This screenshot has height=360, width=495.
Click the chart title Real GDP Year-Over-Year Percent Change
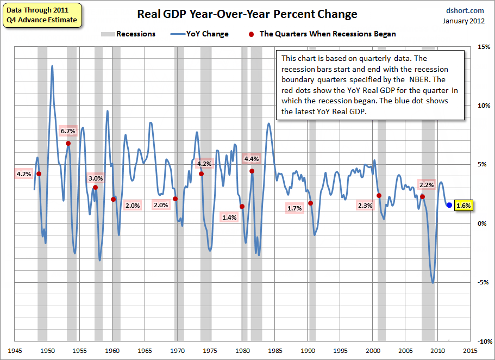click(247, 14)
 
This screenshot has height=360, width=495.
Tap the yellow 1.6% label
click(463, 206)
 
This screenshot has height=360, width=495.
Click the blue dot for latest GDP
click(449, 205)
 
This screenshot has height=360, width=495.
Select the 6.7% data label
click(68, 131)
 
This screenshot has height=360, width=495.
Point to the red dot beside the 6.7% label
click(68, 144)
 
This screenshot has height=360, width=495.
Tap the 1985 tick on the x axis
click(275, 351)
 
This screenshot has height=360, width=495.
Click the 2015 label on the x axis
click(471, 351)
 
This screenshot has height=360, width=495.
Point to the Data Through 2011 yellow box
click(42, 15)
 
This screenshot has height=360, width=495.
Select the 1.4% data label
click(229, 218)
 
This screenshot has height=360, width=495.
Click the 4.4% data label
click(252, 159)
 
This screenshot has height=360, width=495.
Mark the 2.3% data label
click(365, 206)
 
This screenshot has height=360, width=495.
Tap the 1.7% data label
click(294, 208)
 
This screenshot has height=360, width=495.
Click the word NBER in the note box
click(421, 79)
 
